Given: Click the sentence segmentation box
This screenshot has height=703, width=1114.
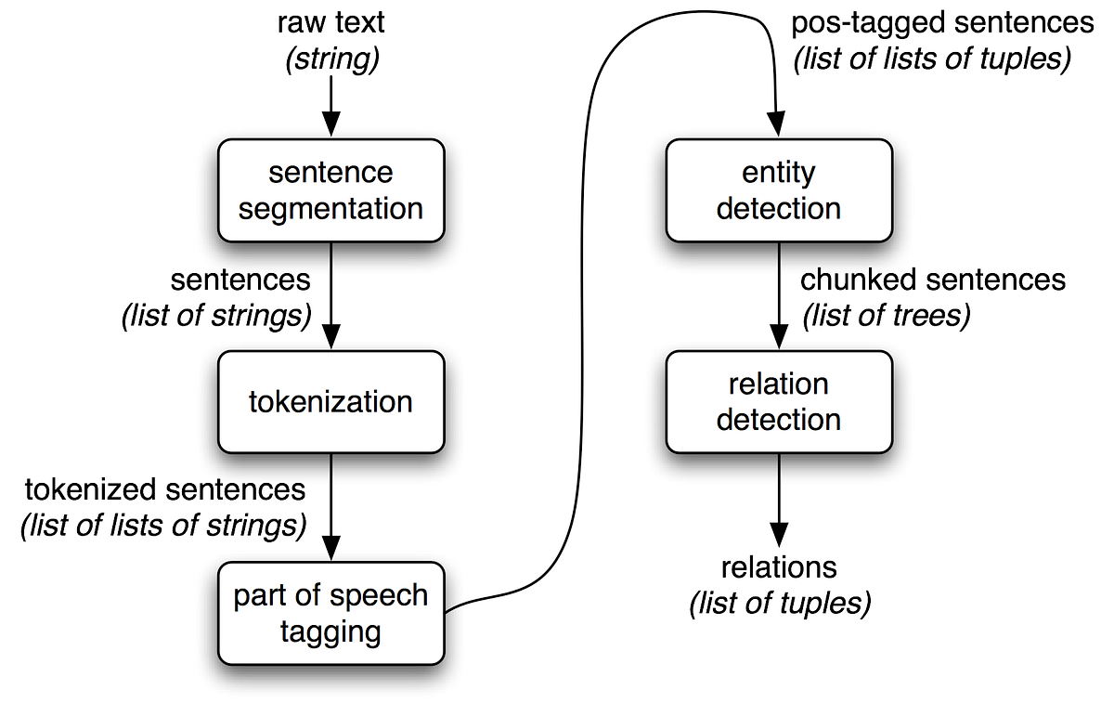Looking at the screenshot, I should point(330,190).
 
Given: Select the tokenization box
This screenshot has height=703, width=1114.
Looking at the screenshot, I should point(330,402).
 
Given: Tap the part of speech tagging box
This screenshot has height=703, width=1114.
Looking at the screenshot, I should point(330,613).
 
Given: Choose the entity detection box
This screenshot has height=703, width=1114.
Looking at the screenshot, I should point(778,190).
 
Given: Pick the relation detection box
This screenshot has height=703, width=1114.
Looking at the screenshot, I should point(778,402).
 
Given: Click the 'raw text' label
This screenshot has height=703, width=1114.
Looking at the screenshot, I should point(330,23).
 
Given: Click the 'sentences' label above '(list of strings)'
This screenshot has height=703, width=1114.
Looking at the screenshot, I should point(240,279).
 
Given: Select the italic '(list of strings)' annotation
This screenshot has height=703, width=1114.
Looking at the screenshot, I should point(216,315).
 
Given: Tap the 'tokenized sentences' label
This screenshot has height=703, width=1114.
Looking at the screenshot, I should point(164,489).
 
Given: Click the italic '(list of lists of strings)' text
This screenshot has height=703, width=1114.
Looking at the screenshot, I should point(163,526).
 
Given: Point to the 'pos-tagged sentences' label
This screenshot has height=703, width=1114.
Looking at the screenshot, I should point(942,23).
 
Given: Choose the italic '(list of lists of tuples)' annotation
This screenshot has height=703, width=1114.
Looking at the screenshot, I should point(931,59).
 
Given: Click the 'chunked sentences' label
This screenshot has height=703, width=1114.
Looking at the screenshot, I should point(933,279).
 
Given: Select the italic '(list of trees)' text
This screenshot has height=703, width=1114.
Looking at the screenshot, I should point(886,315).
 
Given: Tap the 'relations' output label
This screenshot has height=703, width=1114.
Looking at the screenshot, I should point(778,566).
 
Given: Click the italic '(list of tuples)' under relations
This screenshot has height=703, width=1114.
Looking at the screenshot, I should point(780,603).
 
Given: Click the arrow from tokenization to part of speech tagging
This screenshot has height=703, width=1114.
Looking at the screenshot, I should point(330,506).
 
